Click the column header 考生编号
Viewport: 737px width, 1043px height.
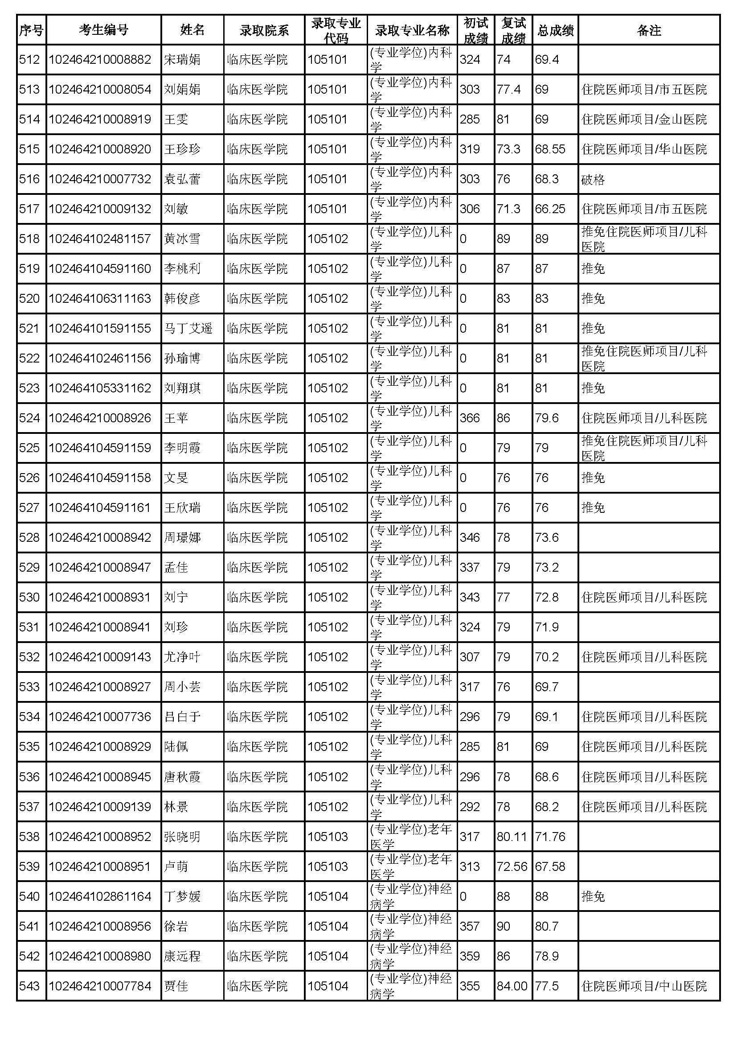(x=103, y=30)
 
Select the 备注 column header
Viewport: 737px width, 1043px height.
(x=648, y=30)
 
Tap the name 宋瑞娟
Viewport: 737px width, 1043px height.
(x=182, y=59)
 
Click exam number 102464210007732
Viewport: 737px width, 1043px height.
(x=100, y=179)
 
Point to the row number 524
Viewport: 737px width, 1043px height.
(x=29, y=418)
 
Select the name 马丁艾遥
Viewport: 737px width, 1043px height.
(x=188, y=329)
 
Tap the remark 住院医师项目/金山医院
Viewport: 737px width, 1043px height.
(x=644, y=120)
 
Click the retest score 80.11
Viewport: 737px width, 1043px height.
(x=512, y=837)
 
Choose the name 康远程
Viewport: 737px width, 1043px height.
(x=182, y=956)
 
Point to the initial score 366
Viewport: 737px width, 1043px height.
(x=469, y=418)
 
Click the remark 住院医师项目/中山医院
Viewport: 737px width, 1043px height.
(x=644, y=986)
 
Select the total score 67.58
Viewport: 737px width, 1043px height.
(x=550, y=867)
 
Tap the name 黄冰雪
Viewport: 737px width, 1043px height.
(x=182, y=239)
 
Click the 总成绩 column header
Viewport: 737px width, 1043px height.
(x=555, y=30)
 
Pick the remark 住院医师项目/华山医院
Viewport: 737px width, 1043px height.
(x=644, y=149)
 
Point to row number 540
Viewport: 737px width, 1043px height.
(x=29, y=897)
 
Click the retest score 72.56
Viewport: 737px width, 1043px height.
(x=512, y=867)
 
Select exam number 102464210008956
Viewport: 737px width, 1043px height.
(x=100, y=927)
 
